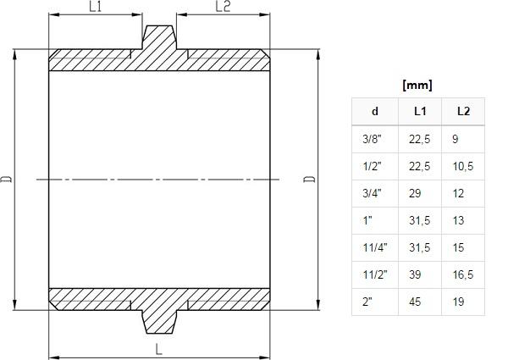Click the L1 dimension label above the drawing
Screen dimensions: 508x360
(x=95, y=7)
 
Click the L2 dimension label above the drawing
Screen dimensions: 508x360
(x=223, y=7)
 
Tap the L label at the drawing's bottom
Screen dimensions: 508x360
(x=158, y=349)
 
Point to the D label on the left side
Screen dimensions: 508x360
(x=6, y=179)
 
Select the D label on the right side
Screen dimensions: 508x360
(x=309, y=179)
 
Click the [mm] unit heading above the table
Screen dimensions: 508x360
(x=417, y=86)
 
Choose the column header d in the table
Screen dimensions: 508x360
(x=375, y=112)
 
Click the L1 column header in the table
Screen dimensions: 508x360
(x=420, y=112)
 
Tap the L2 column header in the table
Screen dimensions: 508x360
(x=463, y=112)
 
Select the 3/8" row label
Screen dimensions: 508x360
(x=372, y=139)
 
